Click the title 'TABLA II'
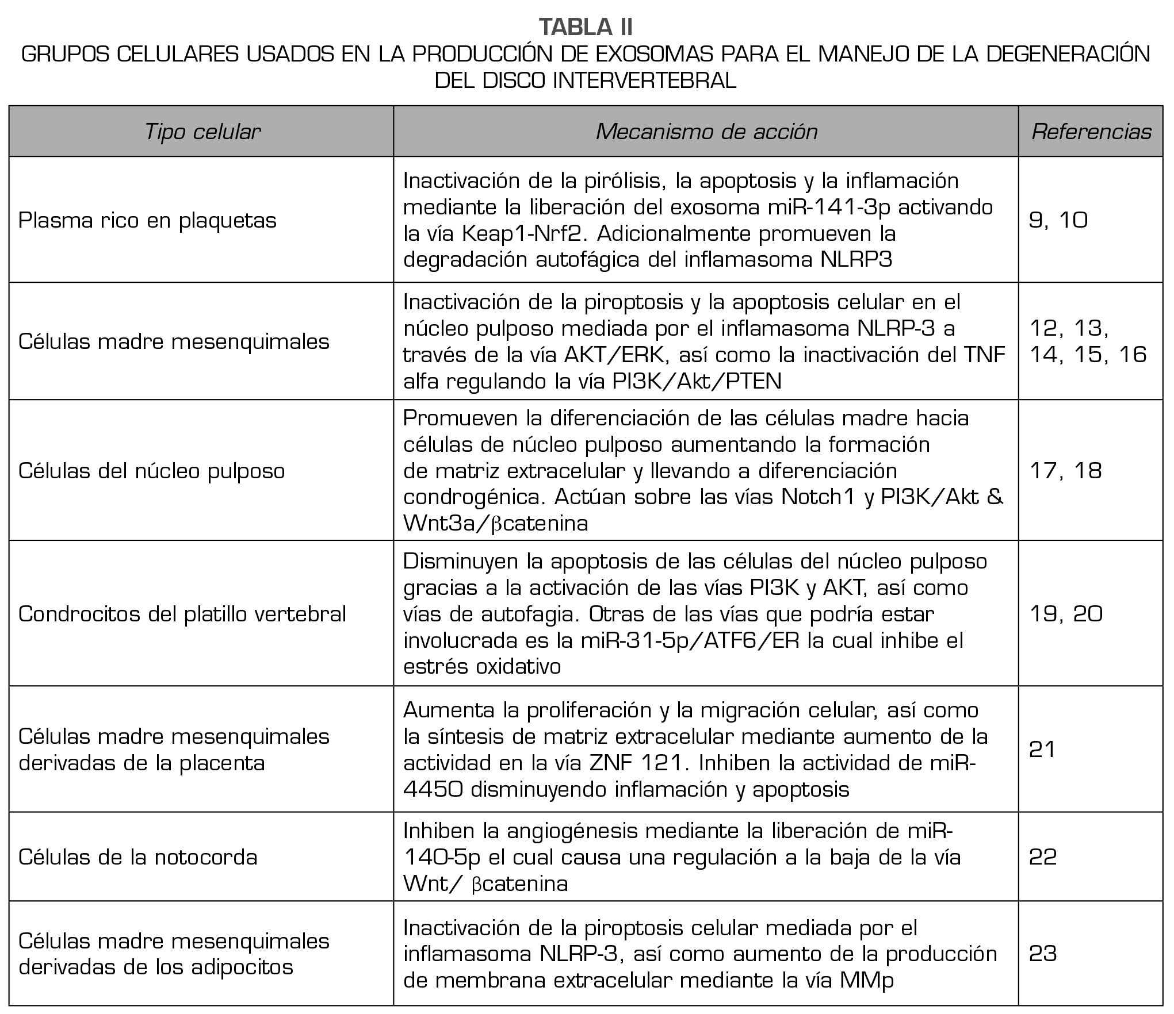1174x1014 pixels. (586, 27)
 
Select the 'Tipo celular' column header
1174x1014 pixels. (202, 132)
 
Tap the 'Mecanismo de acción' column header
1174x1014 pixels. (706, 132)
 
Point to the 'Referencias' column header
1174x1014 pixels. (1091, 132)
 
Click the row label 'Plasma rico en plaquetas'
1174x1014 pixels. (147, 220)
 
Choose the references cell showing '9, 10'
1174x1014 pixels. (1058, 220)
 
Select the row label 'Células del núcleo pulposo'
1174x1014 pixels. (151, 471)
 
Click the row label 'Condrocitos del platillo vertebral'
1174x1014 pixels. (182, 614)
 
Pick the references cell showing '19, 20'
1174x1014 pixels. (1065, 614)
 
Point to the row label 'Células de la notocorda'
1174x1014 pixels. (137, 857)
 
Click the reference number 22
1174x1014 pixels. (1042, 857)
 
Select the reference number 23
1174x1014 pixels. (1042, 954)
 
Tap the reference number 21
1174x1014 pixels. (1041, 750)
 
